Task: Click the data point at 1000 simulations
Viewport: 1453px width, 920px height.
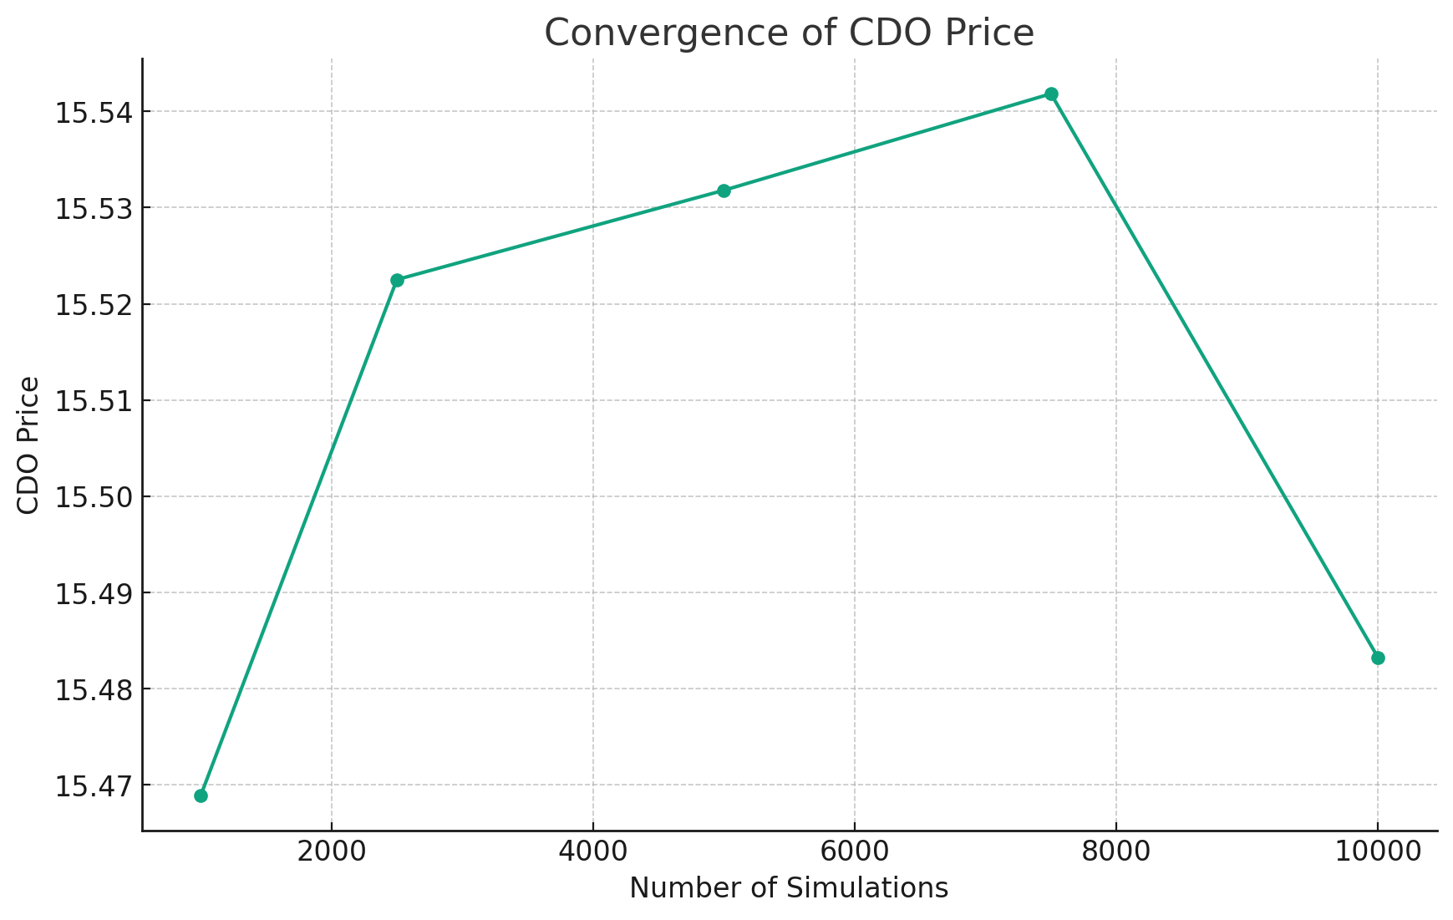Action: pyautogui.click(x=201, y=795)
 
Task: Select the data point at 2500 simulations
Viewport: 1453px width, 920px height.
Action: pyautogui.click(x=397, y=280)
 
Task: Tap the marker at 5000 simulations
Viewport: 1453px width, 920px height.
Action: pyautogui.click(x=724, y=191)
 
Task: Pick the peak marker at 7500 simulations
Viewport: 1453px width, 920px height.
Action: pyautogui.click(x=1051, y=94)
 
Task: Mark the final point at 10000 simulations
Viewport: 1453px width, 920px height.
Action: pyautogui.click(x=1378, y=658)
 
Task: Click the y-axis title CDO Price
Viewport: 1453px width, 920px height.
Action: pyautogui.click(x=28, y=445)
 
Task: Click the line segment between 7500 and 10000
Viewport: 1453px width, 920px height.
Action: pyautogui.click(x=1214, y=375)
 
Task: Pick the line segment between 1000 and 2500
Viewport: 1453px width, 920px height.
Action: pyautogui.click(x=298, y=538)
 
